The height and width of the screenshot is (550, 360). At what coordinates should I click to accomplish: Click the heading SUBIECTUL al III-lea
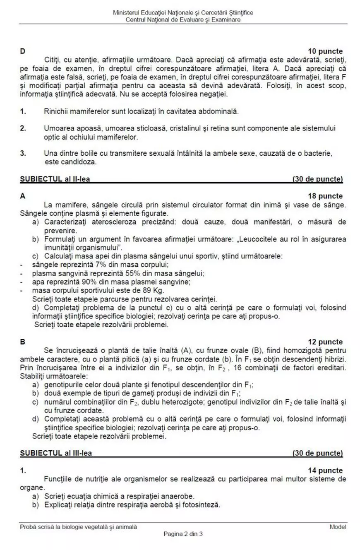56,453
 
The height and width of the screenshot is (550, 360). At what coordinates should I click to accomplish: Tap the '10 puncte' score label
325,51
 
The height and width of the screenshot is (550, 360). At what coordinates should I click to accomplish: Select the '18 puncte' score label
325,196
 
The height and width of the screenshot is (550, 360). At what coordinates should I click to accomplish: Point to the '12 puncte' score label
325,342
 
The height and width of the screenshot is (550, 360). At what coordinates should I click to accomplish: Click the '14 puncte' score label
325,470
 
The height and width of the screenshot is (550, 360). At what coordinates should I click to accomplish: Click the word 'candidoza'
82,162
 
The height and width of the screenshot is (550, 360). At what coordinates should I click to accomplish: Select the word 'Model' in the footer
338,527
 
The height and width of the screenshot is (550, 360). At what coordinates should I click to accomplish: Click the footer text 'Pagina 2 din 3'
183,533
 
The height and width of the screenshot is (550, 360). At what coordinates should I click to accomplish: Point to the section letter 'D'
22,51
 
